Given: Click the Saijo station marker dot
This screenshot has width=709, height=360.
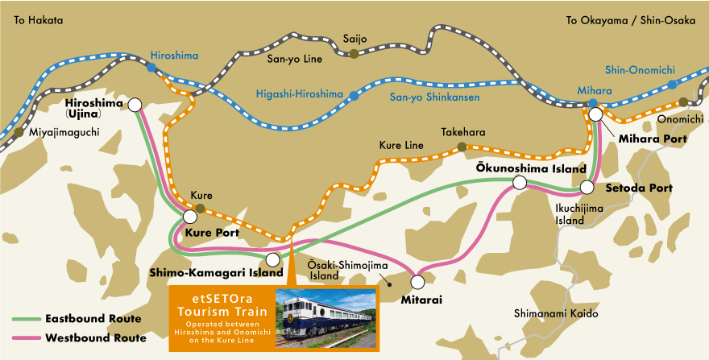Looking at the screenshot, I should [x=354, y=53].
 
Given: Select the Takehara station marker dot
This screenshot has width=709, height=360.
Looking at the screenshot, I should [x=462, y=147].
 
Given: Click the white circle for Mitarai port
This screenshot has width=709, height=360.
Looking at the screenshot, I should [x=418, y=282].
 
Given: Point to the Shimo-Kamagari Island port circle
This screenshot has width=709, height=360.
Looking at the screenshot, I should [x=273, y=259].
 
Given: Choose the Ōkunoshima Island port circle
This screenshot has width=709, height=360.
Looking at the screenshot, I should [x=520, y=184].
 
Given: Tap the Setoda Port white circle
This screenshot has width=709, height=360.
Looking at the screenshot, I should [x=588, y=188].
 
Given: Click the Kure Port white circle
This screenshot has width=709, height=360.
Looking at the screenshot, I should [x=192, y=217].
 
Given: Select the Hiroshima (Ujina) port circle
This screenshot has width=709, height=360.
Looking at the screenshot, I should [x=135, y=104].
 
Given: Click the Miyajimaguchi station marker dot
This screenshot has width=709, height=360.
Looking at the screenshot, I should [x=19, y=131].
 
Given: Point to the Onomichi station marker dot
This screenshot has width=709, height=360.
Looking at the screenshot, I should [x=683, y=102].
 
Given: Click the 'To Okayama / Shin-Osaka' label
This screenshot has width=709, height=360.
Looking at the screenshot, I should [x=630, y=20].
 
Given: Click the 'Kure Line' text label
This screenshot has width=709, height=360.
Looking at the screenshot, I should [x=401, y=146].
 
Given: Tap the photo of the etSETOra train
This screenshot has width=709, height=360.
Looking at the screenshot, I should [x=325, y=318].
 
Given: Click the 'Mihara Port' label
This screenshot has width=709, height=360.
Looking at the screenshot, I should [x=652, y=139].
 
